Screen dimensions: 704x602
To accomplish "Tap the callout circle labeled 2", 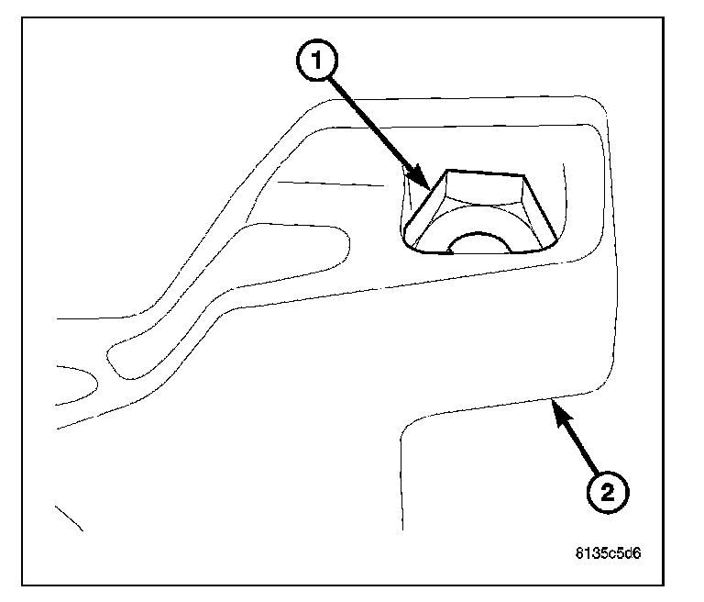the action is (x=608, y=493).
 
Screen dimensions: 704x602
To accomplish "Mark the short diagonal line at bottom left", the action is (x=70, y=518).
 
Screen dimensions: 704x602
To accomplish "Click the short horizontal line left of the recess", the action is (x=330, y=184).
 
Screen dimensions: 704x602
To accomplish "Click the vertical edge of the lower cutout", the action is (x=401, y=486).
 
